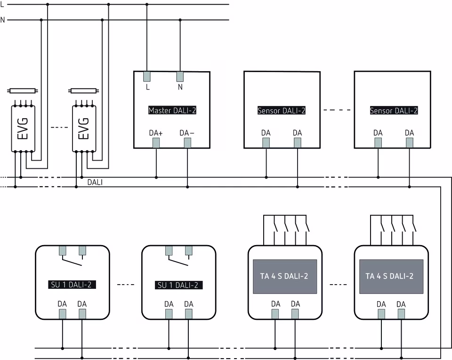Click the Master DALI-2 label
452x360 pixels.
click(x=172, y=111)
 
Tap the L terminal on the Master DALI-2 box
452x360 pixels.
click(x=147, y=76)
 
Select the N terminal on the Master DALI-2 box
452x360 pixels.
click(x=180, y=76)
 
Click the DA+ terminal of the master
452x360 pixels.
click(x=156, y=143)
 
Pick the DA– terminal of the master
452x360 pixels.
click(x=187, y=143)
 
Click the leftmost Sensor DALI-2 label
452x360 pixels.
click(x=282, y=111)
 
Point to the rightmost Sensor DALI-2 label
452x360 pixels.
click(x=394, y=111)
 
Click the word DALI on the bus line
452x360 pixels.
click(x=95, y=182)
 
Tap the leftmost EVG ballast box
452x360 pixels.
click(x=23, y=128)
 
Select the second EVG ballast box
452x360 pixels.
click(x=84, y=128)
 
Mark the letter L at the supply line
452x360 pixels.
click(x=2, y=4)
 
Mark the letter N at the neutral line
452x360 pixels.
click(x=3, y=20)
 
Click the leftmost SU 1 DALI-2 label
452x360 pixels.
click(x=73, y=285)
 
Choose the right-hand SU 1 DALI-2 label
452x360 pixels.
click(x=179, y=285)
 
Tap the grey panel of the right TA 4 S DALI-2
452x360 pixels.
click(x=390, y=277)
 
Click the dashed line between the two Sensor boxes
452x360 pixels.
click(x=337, y=110)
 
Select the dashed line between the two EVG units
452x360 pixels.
click(x=59, y=127)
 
